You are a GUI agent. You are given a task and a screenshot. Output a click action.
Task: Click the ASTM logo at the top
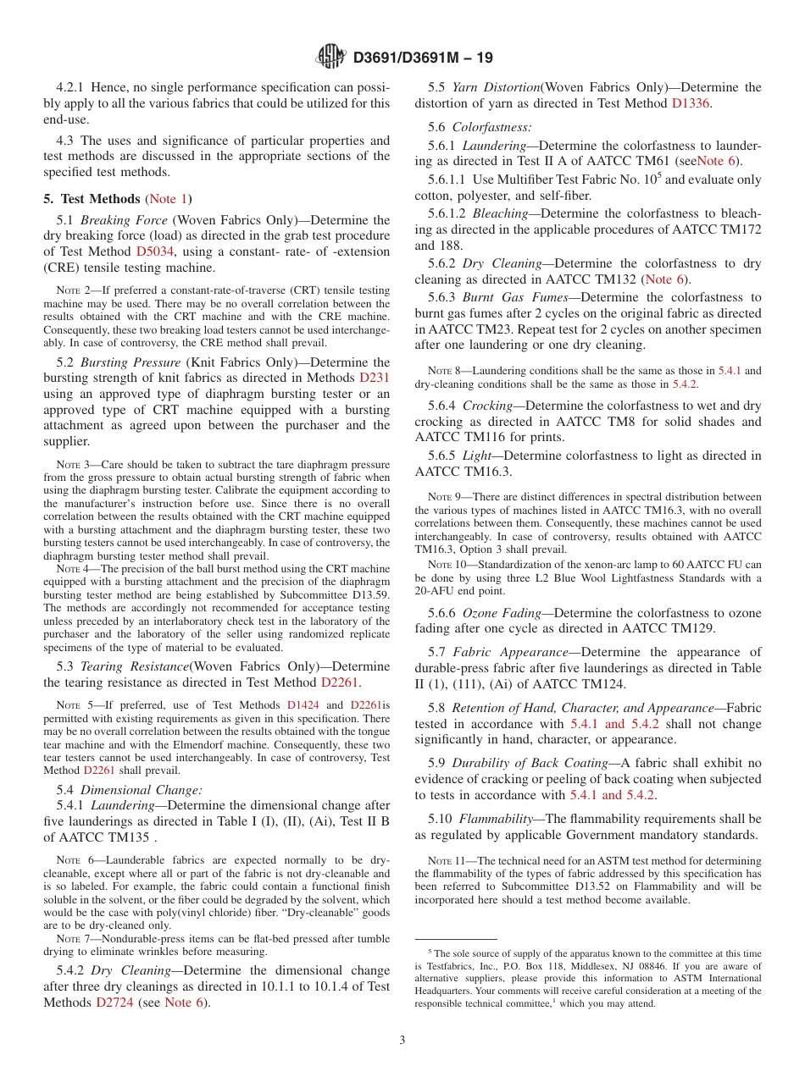point(330,57)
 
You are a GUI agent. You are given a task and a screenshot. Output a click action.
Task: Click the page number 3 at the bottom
point(402,1040)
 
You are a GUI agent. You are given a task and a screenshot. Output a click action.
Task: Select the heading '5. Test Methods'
point(92,199)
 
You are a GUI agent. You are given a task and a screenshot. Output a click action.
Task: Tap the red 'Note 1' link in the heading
point(168,199)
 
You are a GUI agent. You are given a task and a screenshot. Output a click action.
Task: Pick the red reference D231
point(375,378)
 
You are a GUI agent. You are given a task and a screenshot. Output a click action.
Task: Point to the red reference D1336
point(691,103)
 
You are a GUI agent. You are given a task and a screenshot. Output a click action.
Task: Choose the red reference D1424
point(303,704)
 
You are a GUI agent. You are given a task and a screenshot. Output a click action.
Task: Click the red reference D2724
point(114,1002)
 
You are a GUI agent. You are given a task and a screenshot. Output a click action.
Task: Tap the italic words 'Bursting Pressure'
point(130,362)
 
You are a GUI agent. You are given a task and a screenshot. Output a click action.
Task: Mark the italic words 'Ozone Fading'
point(501,612)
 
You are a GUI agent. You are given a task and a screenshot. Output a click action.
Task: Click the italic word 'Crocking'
point(487,406)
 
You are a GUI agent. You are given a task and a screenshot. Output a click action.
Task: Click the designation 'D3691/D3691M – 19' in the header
point(422,58)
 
